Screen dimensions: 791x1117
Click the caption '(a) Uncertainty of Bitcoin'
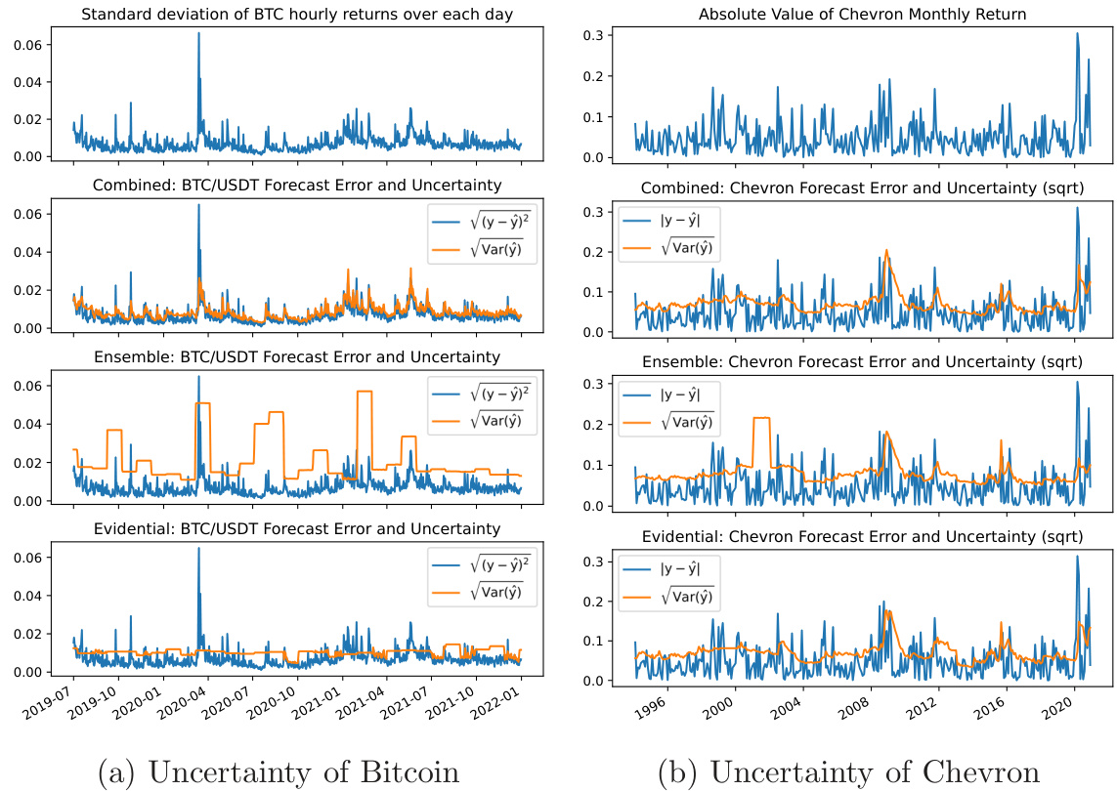pyautogui.click(x=279, y=770)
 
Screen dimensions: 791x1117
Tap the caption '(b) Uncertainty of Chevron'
pyautogui.click(x=848, y=770)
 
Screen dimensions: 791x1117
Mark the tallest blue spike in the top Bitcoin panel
pyautogui.click(x=199, y=35)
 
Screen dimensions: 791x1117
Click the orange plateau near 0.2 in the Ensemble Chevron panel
pyautogui.click(x=761, y=418)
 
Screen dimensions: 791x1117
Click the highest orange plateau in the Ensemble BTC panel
pyautogui.click(x=365, y=392)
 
